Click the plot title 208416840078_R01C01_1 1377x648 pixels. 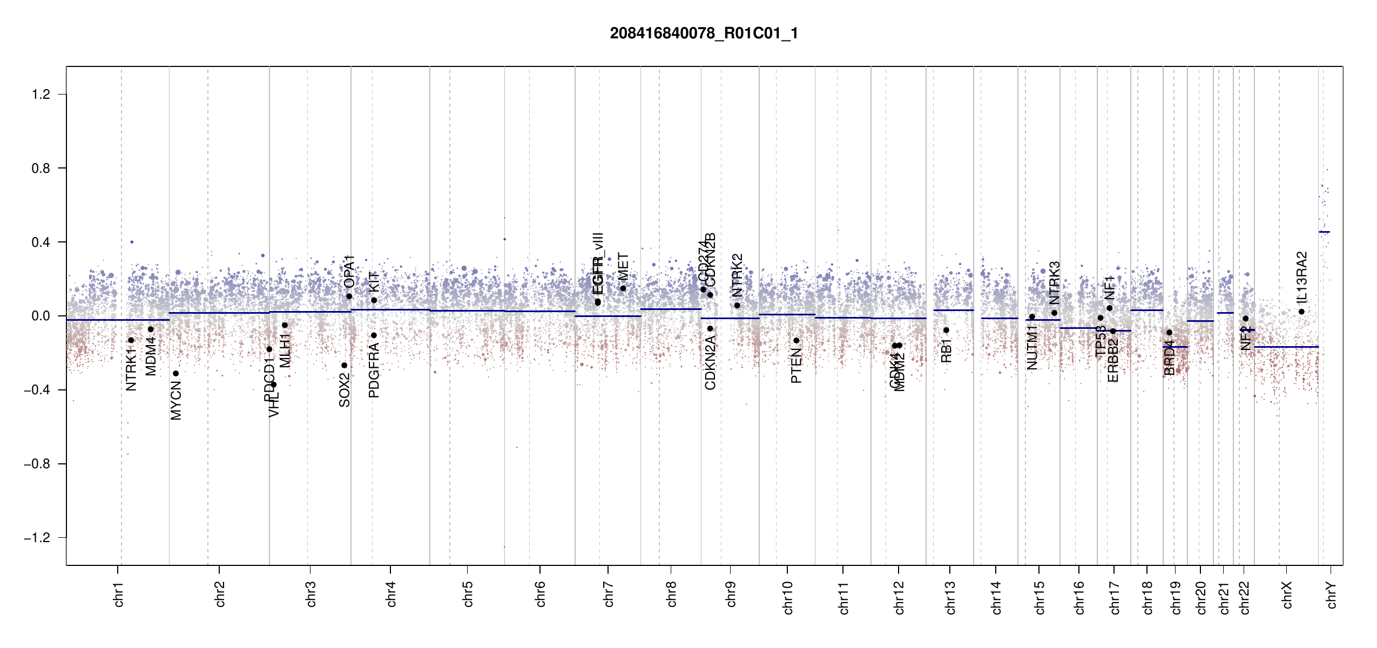click(704, 33)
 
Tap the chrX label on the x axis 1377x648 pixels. click(1287, 595)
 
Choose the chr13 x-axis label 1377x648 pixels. click(950, 597)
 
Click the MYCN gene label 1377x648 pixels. click(176, 400)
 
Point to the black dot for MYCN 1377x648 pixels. click(175, 374)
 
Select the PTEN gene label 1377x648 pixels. click(796, 366)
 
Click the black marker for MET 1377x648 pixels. click(623, 288)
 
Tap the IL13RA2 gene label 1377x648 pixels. click(1302, 277)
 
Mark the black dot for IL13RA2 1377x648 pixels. click(1301, 312)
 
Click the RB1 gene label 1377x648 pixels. click(946, 350)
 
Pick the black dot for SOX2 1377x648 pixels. click(345, 366)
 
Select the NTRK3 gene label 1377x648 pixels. click(1055, 283)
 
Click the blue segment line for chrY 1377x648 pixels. click(1324, 232)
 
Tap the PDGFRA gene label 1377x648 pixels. click(374, 370)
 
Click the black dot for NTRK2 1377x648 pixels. click(737, 306)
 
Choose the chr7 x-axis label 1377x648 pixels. click(609, 594)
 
